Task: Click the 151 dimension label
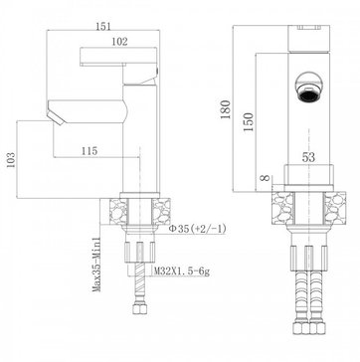pos(103,26)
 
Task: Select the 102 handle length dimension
pos(119,42)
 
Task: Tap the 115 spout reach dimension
pos(90,151)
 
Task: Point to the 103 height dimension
pos(11,160)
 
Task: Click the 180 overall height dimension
pos(226,109)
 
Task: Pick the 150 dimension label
pos(249,122)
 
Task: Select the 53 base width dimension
pos(308,157)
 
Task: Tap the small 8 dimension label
pos(265,178)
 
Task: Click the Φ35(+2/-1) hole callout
pos(198,229)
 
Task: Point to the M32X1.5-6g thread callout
pos(182,271)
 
